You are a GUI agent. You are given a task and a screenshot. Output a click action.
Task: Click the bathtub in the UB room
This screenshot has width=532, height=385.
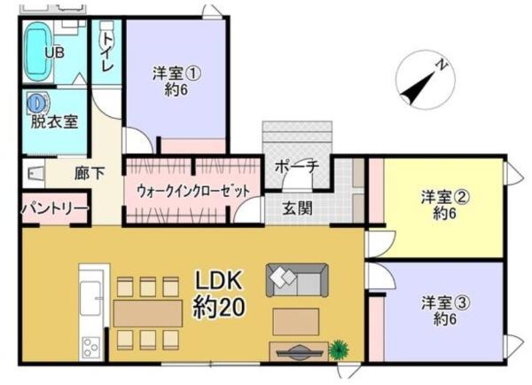(37, 51)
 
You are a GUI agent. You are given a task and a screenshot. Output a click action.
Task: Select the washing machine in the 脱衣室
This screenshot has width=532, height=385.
(36, 103)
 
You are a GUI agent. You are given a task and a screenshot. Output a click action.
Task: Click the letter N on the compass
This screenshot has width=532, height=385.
(442, 65)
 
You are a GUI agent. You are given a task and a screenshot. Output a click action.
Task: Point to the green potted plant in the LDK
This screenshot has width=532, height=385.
(339, 350)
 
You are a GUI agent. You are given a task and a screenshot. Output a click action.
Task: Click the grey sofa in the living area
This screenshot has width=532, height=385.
(297, 280)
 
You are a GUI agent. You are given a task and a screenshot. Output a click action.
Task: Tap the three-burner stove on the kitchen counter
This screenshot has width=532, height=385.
(90, 347)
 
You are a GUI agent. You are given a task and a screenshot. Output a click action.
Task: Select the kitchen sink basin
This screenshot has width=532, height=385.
(90, 298)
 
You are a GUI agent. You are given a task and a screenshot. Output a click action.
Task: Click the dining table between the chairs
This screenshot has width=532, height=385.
(147, 313)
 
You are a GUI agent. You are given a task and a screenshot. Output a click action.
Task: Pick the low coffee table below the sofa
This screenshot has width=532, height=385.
(295, 321)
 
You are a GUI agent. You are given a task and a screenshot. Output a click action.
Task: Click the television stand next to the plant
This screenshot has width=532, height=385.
(299, 351)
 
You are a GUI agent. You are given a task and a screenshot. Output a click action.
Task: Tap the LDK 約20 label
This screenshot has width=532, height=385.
(219, 294)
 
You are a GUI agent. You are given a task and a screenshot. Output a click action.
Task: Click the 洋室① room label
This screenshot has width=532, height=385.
(176, 81)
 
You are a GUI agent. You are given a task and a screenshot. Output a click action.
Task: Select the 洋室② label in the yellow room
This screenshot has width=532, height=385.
(445, 205)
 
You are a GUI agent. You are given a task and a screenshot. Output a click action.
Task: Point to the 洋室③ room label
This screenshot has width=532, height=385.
(445, 310)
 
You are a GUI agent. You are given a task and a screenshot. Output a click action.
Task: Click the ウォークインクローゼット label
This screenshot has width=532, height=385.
(193, 192)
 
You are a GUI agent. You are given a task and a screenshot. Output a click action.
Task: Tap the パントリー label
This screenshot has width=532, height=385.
(55, 208)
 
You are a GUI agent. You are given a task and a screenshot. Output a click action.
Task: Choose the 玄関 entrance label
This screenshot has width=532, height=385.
(298, 208)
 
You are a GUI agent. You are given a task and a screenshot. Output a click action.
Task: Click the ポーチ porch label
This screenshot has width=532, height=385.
(297, 167)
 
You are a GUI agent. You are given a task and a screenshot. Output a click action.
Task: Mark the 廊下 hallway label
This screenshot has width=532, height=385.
(90, 173)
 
